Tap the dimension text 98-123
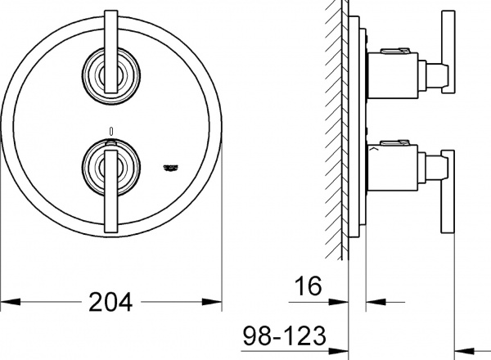[286, 335]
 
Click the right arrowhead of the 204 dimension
[218, 303]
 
